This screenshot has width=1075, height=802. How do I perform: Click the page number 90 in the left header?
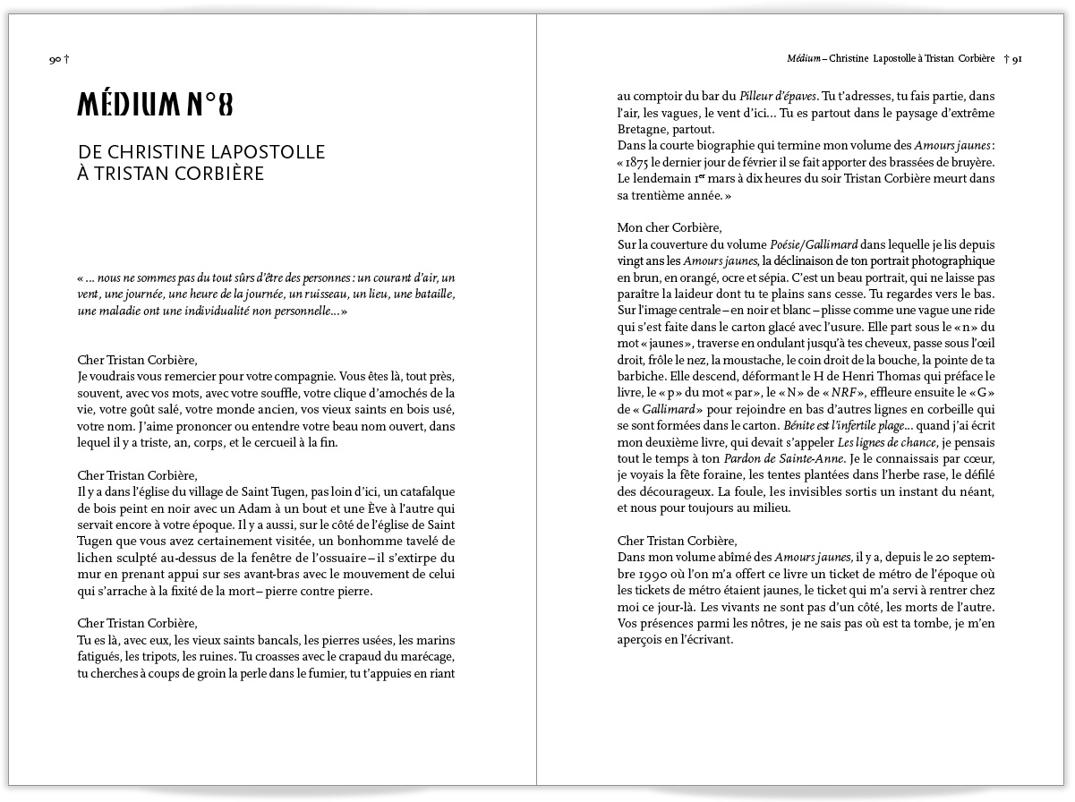click(55, 60)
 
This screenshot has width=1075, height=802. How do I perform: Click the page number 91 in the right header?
click(1017, 59)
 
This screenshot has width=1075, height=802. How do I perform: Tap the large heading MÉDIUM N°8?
click(155, 106)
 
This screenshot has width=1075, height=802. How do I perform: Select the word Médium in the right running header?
click(800, 59)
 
